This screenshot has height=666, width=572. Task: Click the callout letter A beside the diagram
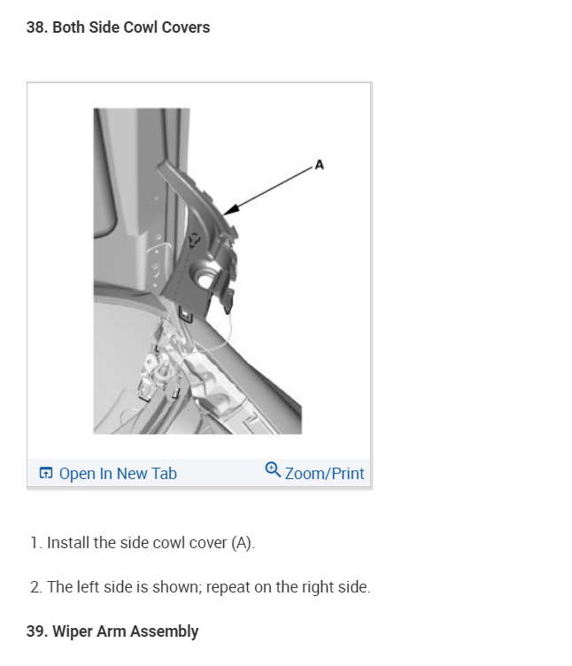click(x=320, y=165)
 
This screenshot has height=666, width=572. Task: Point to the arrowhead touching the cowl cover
click(x=230, y=209)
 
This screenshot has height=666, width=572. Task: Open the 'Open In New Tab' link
click(x=118, y=473)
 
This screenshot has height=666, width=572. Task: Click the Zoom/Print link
click(x=324, y=473)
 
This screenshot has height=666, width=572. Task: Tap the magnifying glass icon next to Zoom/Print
click(x=273, y=469)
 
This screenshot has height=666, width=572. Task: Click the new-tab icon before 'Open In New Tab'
click(x=46, y=473)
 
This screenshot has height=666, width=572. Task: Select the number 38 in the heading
click(x=35, y=27)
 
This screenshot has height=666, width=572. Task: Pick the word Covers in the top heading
click(x=186, y=27)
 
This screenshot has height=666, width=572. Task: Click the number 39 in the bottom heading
click(x=35, y=631)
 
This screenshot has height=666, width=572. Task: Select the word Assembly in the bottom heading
click(x=165, y=632)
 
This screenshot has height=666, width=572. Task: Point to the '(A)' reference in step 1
click(x=243, y=543)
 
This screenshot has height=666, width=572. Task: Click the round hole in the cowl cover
click(x=205, y=281)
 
